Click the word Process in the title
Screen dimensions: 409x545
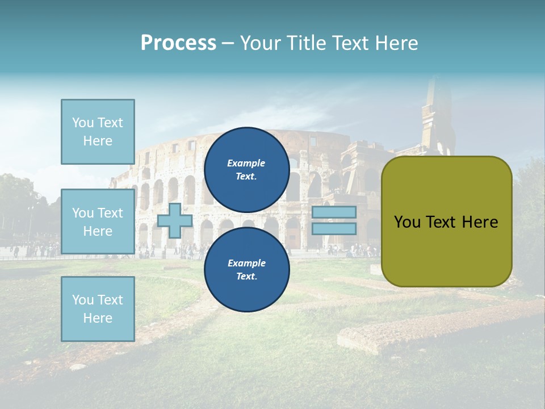click(x=178, y=43)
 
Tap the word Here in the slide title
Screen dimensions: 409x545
click(x=396, y=43)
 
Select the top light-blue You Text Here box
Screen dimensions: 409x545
click(x=98, y=132)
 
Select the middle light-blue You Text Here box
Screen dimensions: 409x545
click(x=98, y=222)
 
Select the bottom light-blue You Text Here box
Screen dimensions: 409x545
click(x=98, y=308)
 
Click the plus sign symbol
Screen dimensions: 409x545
click(x=175, y=221)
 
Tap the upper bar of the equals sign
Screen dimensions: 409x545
click(x=334, y=212)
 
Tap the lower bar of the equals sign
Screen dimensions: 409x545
click(x=334, y=229)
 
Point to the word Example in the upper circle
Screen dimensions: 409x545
click(x=246, y=163)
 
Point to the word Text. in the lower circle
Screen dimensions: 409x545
click(x=246, y=277)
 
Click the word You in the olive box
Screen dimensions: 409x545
click(x=407, y=222)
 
